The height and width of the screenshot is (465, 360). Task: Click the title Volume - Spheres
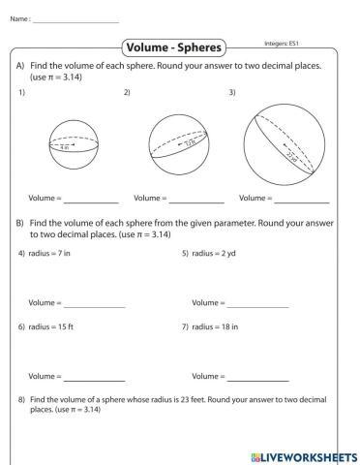click(174, 47)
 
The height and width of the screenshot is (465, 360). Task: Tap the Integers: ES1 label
click(283, 43)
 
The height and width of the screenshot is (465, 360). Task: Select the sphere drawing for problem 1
click(75, 146)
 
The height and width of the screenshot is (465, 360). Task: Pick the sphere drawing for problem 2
click(184, 142)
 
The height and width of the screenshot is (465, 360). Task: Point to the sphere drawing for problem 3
click(284, 141)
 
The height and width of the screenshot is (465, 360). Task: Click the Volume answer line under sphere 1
click(91, 201)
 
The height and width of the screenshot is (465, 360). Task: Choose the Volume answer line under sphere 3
click(301, 201)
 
